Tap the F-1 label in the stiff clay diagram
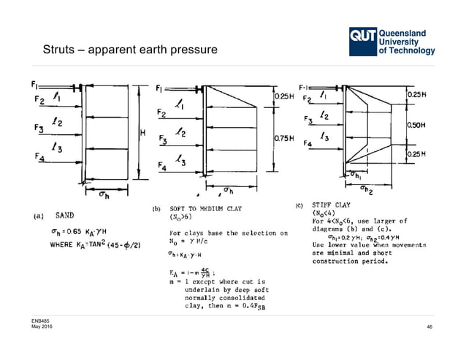305,85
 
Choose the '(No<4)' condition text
326,214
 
